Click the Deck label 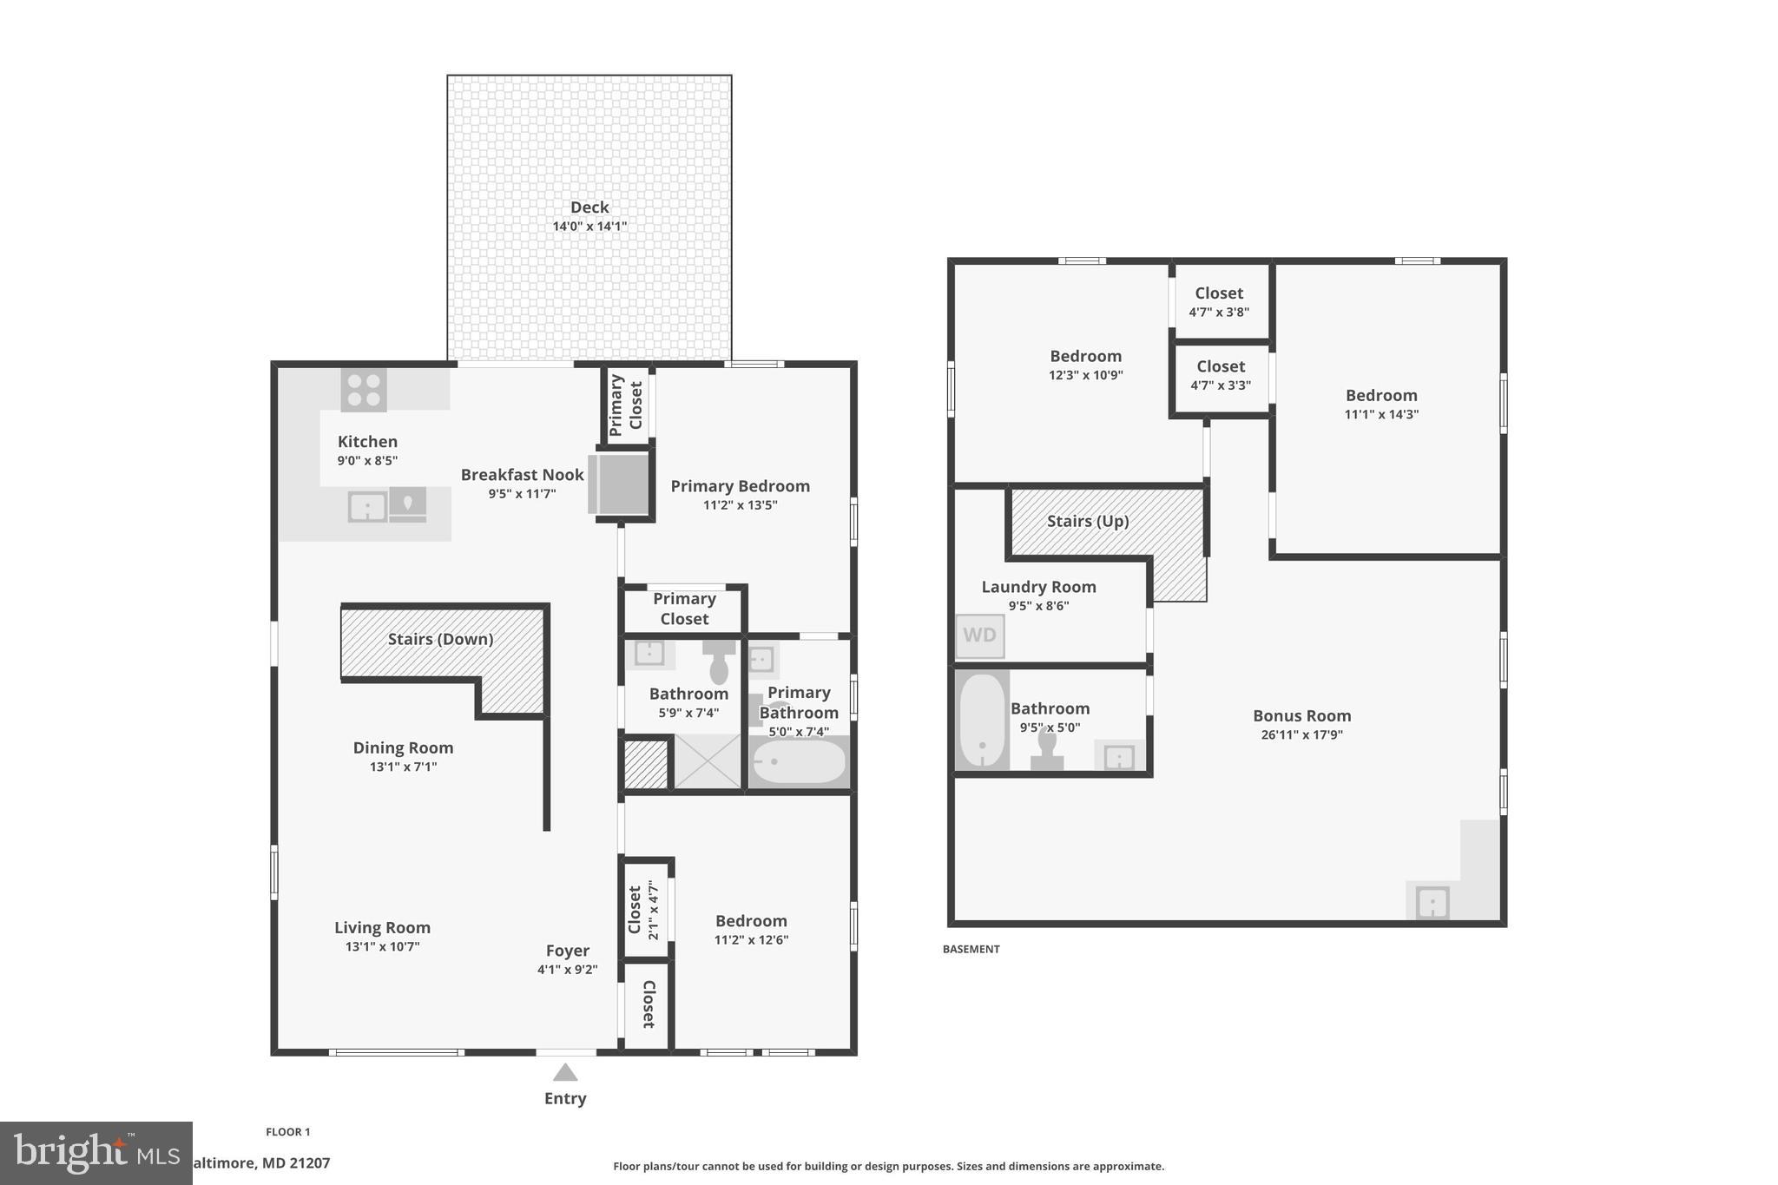[589, 207]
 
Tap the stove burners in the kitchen [364, 390]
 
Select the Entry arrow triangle [565, 1072]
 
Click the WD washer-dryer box [980, 635]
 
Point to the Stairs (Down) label [440, 640]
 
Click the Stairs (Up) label [1088, 522]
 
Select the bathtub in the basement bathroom [982, 720]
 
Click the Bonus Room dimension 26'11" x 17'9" [1301, 735]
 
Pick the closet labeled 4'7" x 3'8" [1219, 302]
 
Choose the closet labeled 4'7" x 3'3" [1220, 375]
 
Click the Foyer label [568, 951]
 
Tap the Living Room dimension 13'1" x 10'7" [382, 947]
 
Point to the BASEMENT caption [971, 950]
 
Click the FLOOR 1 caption [287, 1132]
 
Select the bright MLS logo [95, 1154]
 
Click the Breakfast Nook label [522, 475]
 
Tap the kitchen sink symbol [367, 506]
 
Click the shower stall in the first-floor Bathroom [708, 761]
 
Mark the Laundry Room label [1038, 587]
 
